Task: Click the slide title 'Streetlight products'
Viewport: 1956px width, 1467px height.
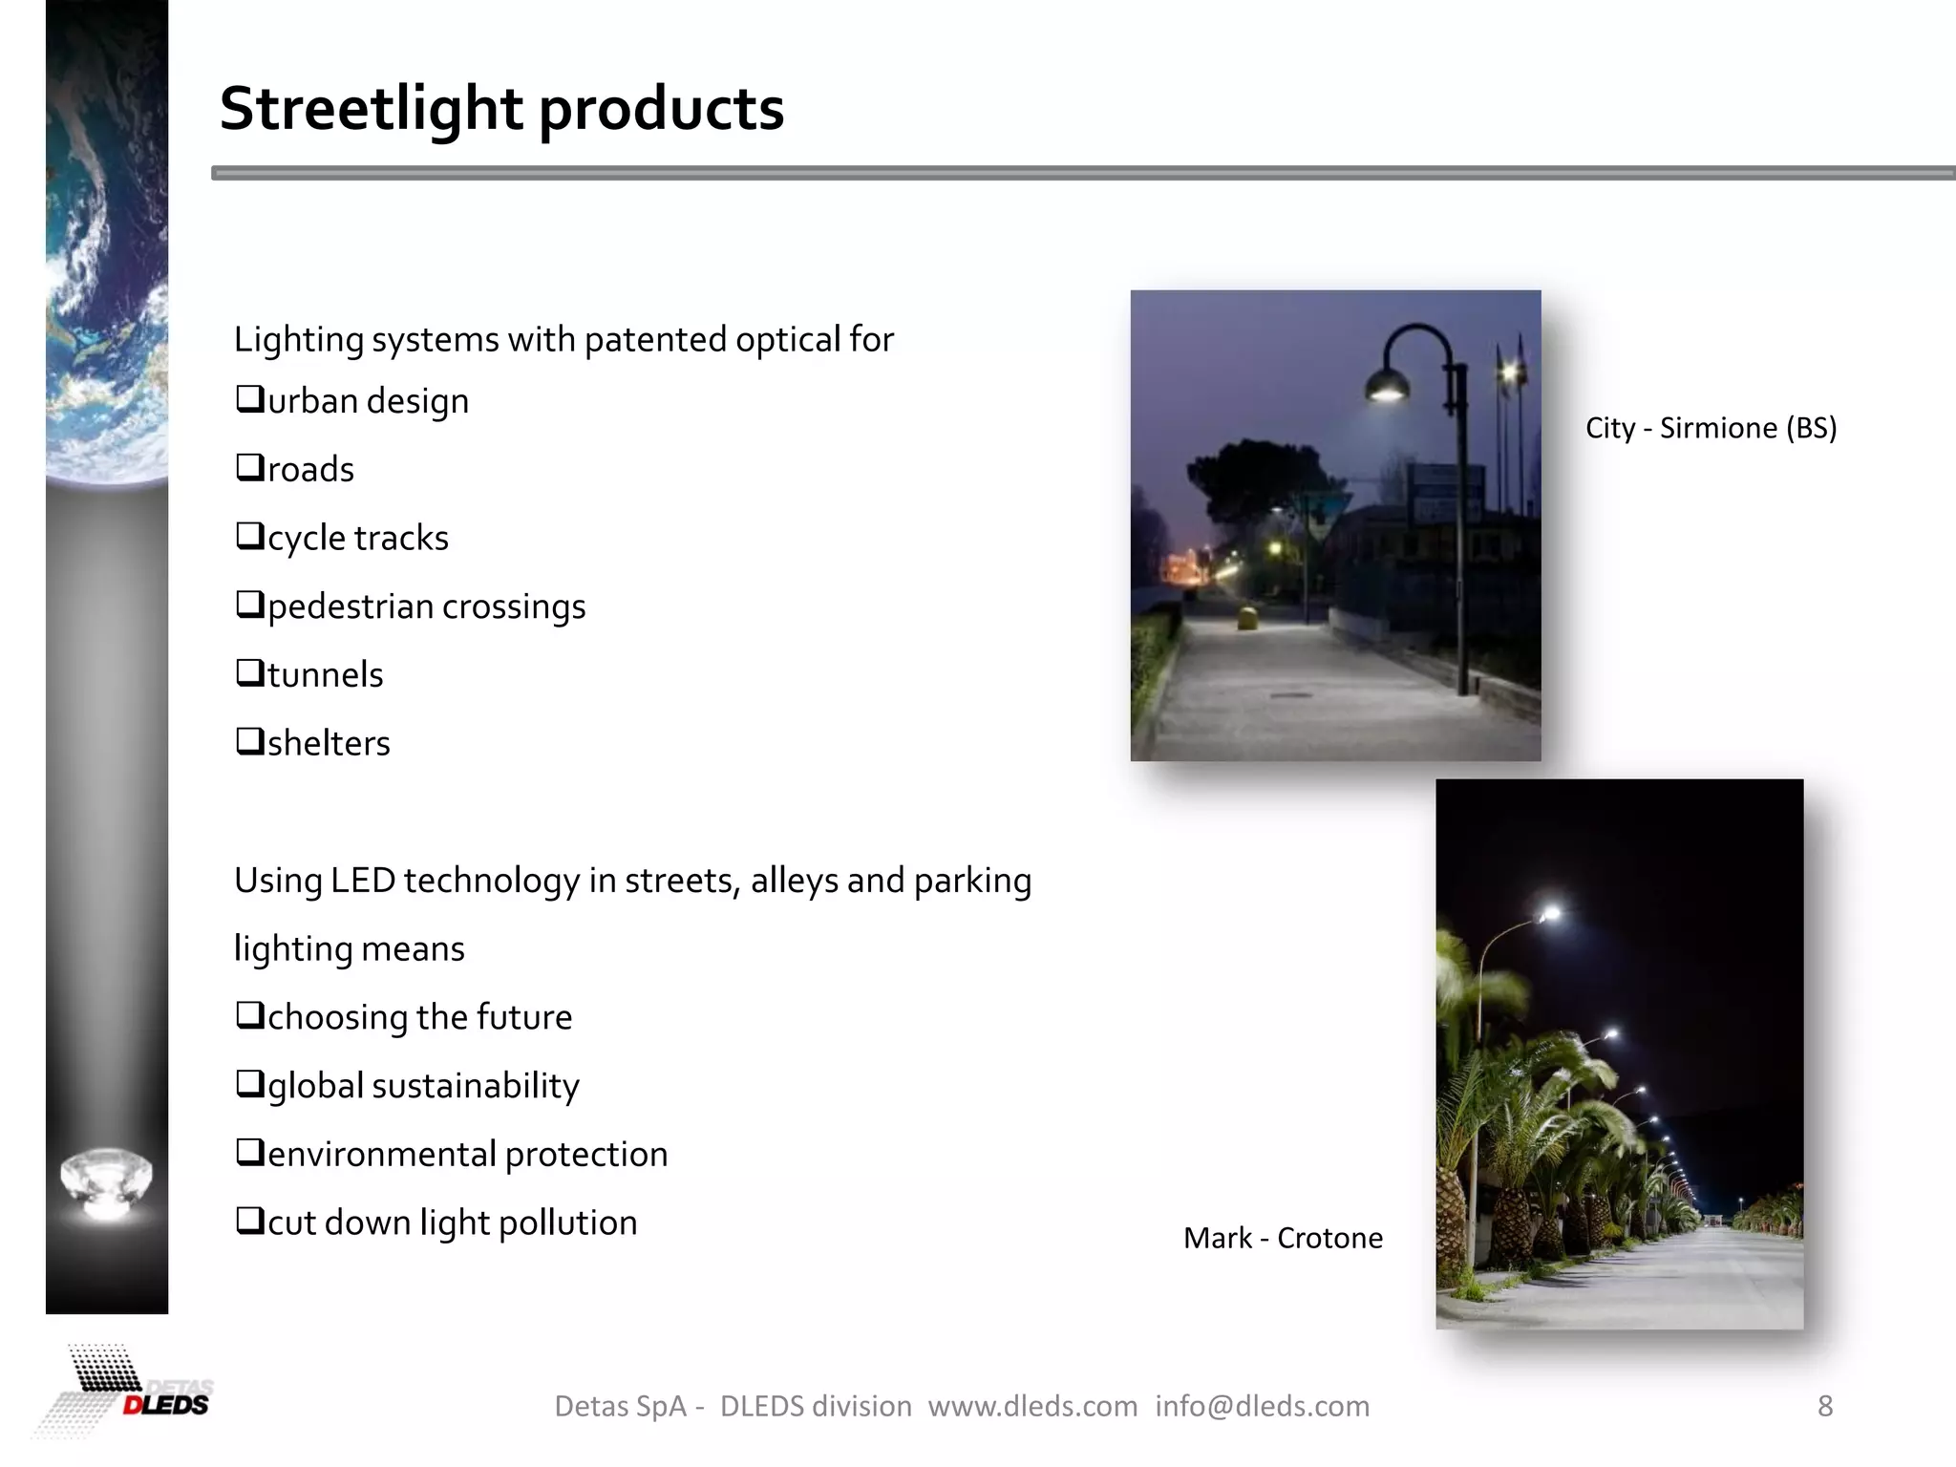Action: (501, 108)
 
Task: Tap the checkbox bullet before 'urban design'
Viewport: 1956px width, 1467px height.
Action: (249, 399)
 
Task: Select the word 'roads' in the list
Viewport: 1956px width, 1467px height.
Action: (310, 470)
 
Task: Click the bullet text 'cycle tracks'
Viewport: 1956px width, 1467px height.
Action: (357, 539)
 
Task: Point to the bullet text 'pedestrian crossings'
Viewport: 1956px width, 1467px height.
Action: (426, 607)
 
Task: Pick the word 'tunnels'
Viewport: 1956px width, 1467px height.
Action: (325, 675)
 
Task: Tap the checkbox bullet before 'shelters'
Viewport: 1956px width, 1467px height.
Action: (249, 741)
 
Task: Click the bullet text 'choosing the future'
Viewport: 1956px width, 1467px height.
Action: (419, 1017)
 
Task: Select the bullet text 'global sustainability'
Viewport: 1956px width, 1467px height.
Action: (423, 1086)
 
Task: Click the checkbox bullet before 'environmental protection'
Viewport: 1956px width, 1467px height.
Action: (249, 1153)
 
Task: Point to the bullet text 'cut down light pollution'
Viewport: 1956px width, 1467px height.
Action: (452, 1222)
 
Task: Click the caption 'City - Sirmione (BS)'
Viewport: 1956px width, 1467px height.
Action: (1711, 428)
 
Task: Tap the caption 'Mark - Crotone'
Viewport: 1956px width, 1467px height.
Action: (1283, 1238)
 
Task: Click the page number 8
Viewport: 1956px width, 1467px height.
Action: (1824, 1406)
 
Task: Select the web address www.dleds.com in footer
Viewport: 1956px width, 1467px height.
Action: (1032, 1406)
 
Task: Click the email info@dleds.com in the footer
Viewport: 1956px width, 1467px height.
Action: (1262, 1406)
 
